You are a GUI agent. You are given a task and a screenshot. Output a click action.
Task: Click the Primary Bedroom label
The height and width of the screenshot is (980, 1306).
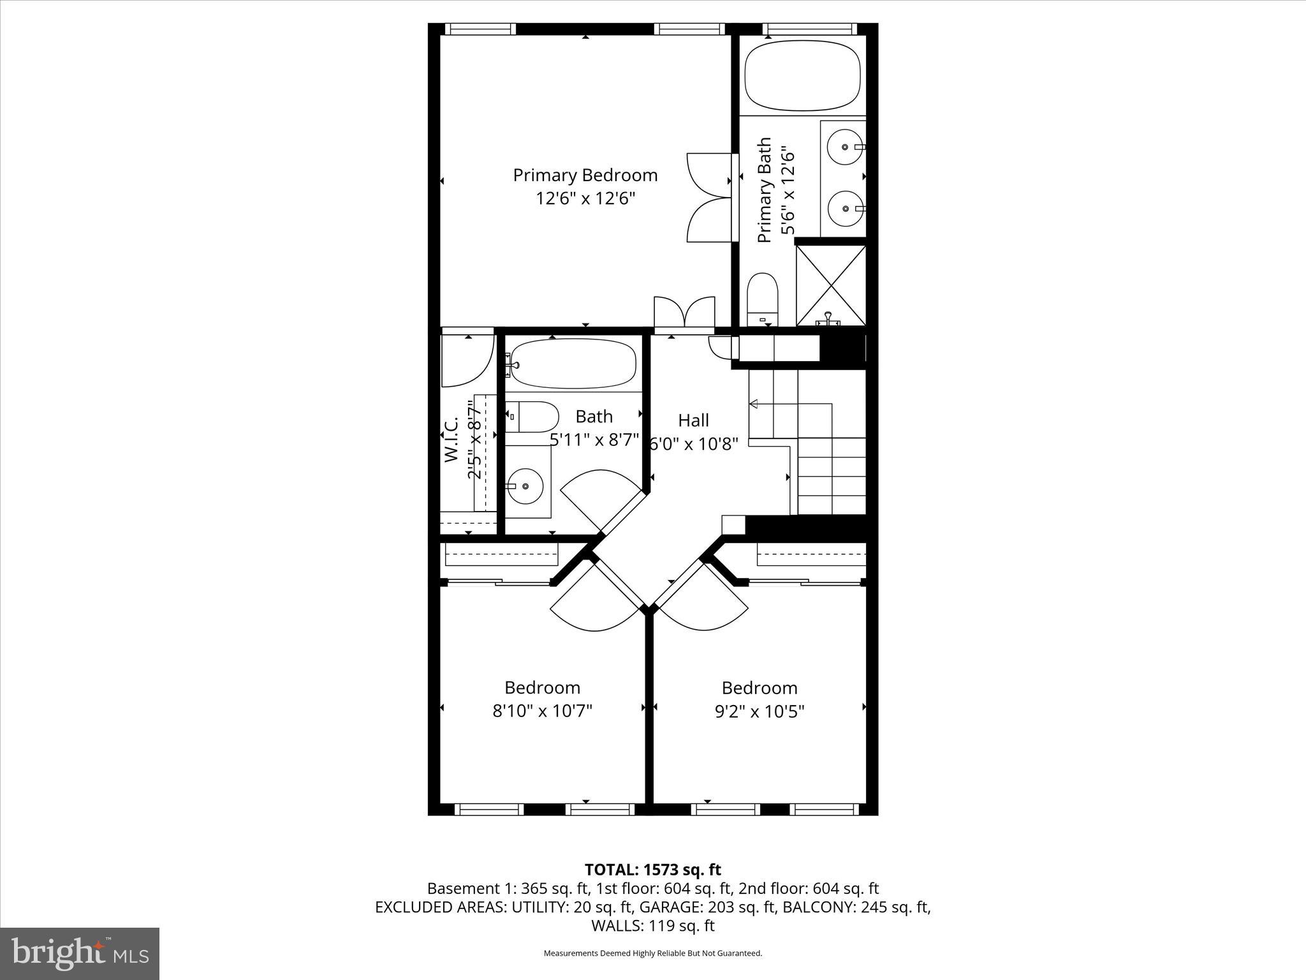point(585,175)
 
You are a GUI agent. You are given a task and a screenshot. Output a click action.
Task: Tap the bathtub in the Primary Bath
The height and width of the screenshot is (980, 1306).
point(803,75)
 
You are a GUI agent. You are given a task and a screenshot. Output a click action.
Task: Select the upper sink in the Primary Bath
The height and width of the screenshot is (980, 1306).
point(845,147)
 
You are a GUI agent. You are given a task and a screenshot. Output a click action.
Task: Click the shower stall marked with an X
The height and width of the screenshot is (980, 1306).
point(831,285)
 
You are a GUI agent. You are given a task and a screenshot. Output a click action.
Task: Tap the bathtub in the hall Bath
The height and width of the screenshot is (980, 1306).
point(573,364)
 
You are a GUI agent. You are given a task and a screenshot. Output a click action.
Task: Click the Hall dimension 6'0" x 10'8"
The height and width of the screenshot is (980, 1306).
point(693,444)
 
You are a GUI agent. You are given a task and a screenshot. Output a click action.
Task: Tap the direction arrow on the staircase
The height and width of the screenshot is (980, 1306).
point(754,404)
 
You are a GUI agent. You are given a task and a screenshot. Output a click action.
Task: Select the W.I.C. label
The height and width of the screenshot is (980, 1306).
point(451,440)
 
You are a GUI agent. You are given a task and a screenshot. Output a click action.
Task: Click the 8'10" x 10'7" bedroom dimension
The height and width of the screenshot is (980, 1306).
point(542,711)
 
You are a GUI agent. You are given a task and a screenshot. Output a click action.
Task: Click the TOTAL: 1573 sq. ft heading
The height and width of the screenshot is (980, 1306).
point(652,870)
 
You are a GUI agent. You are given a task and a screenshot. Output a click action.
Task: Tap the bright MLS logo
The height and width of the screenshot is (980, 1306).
point(80,954)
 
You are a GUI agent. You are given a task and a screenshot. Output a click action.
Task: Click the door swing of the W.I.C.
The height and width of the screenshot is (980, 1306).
point(469,362)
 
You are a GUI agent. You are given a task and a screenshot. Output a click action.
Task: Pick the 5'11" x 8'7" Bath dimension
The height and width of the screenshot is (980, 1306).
point(594,440)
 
